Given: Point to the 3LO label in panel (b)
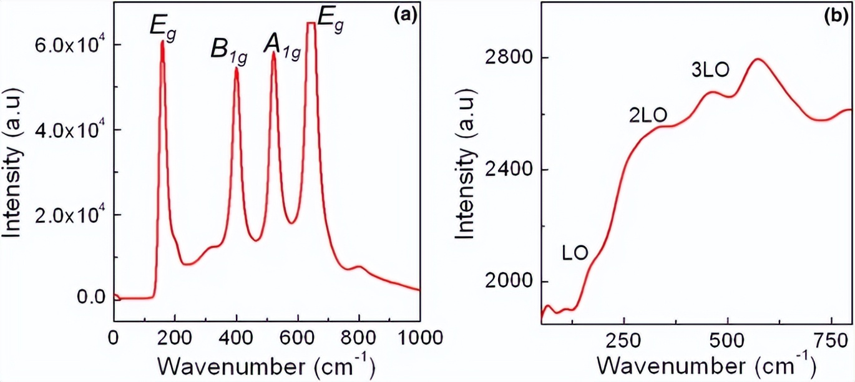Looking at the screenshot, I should point(710,69).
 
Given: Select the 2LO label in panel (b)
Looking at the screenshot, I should point(647,115).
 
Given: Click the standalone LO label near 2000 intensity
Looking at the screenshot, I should point(573,253).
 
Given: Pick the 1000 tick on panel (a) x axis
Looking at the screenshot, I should point(419,338).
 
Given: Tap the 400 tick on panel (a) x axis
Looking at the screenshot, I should point(236,338).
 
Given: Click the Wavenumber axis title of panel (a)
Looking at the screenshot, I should point(265,365).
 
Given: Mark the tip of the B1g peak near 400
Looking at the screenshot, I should point(236,68).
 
